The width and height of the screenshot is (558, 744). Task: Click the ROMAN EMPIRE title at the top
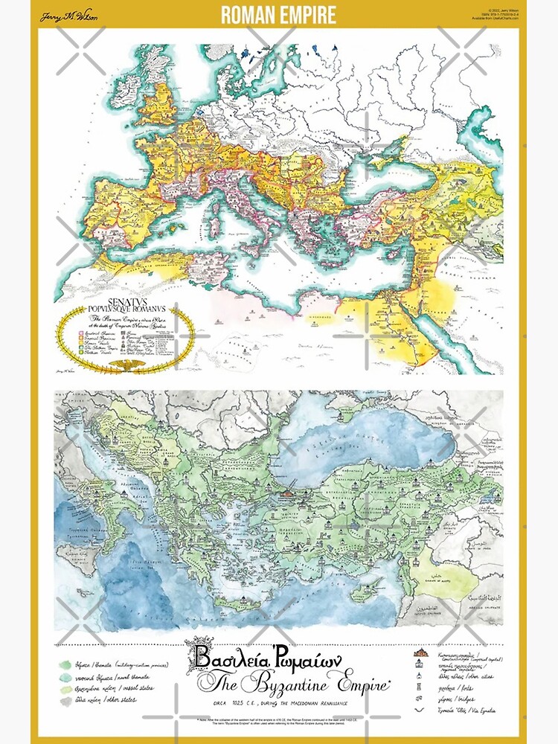[x=278, y=15]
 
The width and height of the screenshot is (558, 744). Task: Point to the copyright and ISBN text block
[x=498, y=14]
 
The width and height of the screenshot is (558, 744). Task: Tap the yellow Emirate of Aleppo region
[x=439, y=573]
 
